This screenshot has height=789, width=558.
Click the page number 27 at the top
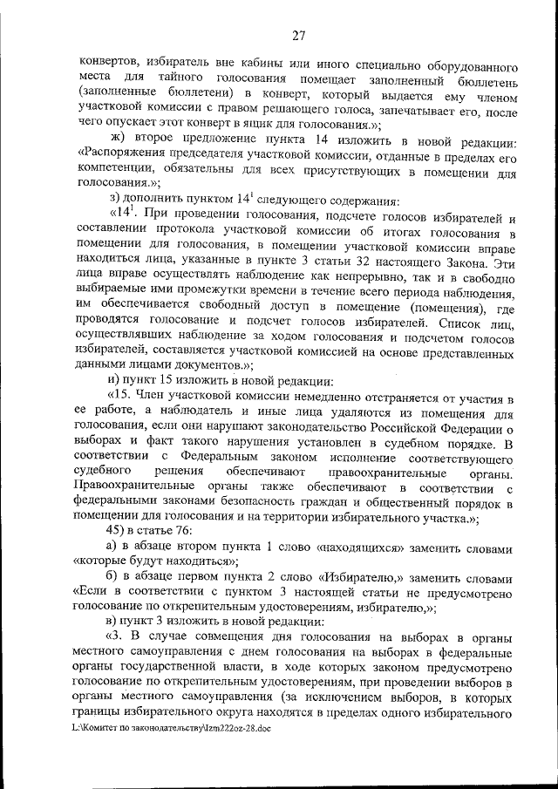(298, 36)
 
